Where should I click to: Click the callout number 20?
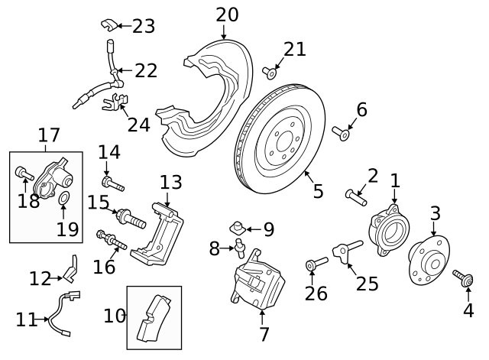[x=227, y=14]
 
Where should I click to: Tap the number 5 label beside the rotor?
[x=319, y=190]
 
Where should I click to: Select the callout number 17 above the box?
[x=49, y=136]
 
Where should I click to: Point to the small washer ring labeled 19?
[x=65, y=201]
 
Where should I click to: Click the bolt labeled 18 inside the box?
[x=21, y=174]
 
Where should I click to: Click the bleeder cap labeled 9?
[x=238, y=227]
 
